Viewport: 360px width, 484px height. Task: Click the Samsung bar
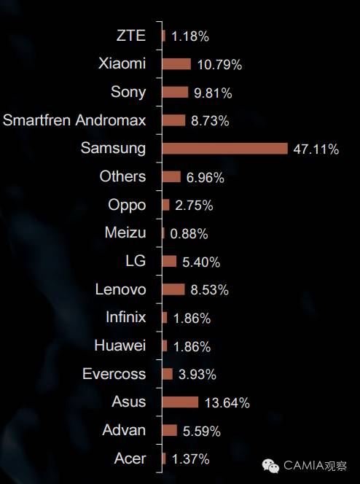click(x=225, y=149)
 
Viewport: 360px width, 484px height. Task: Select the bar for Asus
click(x=181, y=402)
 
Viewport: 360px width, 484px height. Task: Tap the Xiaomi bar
click(x=176, y=64)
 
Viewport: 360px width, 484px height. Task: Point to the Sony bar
click(x=175, y=92)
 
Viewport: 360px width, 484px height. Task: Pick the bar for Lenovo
click(x=173, y=289)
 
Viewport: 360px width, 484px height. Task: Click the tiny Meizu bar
click(x=163, y=233)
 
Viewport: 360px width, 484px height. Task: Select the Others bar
click(x=171, y=177)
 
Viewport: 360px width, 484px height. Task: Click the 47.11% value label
click(x=316, y=149)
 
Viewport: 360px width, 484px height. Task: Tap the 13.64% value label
click(x=227, y=403)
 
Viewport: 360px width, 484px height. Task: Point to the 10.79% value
click(x=219, y=65)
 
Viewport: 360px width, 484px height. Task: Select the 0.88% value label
click(x=189, y=234)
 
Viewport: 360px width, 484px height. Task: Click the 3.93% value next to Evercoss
click(x=197, y=375)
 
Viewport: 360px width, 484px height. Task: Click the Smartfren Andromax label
click(x=74, y=120)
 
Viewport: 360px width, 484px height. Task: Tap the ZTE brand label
click(x=131, y=36)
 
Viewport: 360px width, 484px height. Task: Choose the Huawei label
click(x=120, y=346)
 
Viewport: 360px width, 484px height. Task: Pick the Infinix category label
click(x=126, y=317)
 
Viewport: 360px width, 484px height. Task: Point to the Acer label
click(x=130, y=458)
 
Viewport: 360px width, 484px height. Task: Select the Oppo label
click(x=127, y=206)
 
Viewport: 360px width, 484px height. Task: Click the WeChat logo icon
click(x=270, y=466)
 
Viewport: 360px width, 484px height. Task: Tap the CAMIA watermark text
click(x=316, y=466)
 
